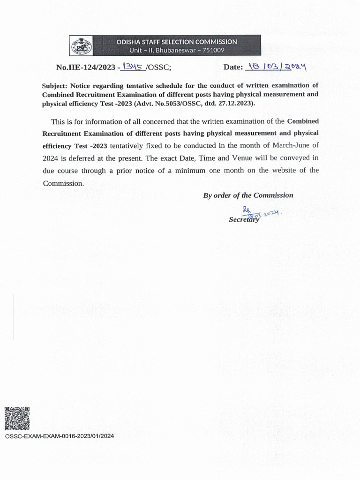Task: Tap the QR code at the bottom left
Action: pyautogui.click(x=17, y=419)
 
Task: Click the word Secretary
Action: pyautogui.click(x=244, y=219)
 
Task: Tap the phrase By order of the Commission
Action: pyautogui.click(x=248, y=195)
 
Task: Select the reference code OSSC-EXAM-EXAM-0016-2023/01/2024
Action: pyautogui.click(x=59, y=436)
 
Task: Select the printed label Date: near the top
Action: pyautogui.click(x=233, y=67)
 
